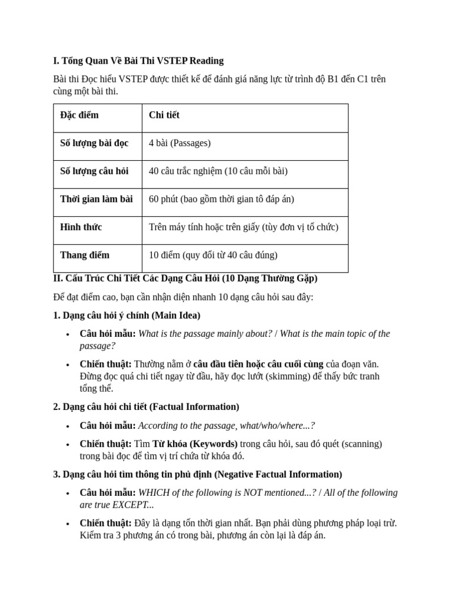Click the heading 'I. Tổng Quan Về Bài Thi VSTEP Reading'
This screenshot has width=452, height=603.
[138, 61]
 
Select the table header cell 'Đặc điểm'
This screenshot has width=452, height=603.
[79, 115]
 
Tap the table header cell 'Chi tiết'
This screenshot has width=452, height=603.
[164, 115]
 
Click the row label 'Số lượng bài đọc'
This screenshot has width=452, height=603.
[94, 143]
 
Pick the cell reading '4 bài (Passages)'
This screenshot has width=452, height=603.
[180, 143]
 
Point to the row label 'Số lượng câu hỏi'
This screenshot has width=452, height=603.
[94, 171]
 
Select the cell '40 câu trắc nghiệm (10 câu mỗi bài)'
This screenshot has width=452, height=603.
[218, 171]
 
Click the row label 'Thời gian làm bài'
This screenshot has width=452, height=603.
[97, 199]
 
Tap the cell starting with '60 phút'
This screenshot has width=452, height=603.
[221, 199]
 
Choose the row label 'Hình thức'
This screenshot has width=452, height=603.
[81, 227]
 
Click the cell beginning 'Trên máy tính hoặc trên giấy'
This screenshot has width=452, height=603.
[244, 227]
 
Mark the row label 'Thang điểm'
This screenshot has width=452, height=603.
[85, 255]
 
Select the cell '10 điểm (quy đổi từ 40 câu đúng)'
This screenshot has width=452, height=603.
[213, 255]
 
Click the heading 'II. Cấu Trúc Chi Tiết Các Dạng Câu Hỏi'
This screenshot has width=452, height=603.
[185, 278]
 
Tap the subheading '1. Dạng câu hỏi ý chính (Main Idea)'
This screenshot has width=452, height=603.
[127, 315]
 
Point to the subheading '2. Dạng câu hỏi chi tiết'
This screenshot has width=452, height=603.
[146, 406]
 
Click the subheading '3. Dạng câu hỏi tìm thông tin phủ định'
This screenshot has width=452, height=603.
[197, 474]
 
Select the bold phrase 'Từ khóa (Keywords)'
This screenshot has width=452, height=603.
[195, 443]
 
